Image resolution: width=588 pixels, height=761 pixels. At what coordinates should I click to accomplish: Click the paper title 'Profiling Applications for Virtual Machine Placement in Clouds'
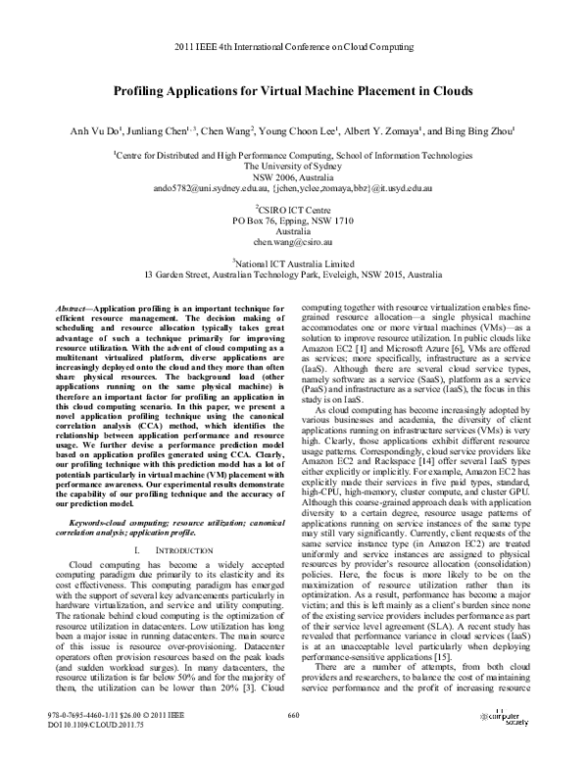point(293,90)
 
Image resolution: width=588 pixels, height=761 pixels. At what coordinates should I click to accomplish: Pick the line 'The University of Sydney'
point(293,166)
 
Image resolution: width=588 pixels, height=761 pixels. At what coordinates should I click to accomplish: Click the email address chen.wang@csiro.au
point(293,240)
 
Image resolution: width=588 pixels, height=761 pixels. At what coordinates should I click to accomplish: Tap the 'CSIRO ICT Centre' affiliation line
point(294,209)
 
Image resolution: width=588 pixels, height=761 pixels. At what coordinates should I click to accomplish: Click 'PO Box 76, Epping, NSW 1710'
point(293,220)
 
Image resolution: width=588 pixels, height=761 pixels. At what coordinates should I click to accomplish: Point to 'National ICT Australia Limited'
point(294,263)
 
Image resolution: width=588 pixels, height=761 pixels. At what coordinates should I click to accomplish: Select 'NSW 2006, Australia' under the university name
point(293,177)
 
